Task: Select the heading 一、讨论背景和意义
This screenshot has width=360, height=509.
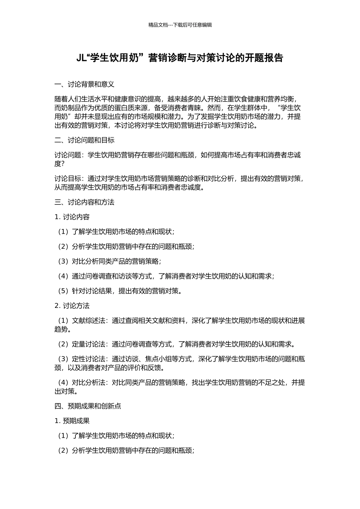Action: [85, 84]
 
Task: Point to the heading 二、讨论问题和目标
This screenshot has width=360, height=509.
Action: [85, 140]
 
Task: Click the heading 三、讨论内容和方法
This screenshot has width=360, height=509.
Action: [85, 202]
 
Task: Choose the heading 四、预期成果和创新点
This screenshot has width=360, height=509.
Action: [88, 406]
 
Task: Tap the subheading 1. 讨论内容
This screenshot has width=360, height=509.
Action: [72, 217]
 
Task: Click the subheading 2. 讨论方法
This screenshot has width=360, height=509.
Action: [72, 306]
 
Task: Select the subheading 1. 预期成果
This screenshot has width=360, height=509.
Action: [72, 421]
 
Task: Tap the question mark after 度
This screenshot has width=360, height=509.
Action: [63, 164]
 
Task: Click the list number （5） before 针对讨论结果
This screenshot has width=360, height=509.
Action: [63, 291]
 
